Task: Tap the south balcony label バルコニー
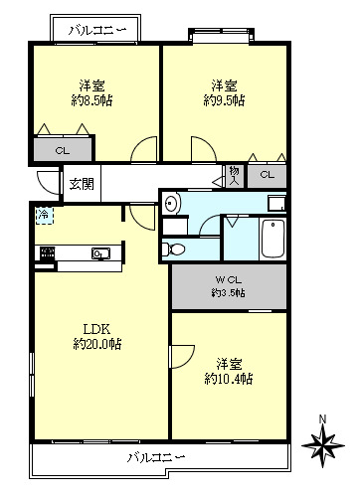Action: (x=156, y=457)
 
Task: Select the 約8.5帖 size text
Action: (x=91, y=100)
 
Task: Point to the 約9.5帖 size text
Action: (x=224, y=100)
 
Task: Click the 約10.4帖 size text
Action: (x=229, y=378)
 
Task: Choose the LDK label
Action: (x=96, y=329)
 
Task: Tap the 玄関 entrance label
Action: (x=82, y=184)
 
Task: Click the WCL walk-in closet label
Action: (x=229, y=280)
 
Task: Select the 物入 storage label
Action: (x=234, y=176)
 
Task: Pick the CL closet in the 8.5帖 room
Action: (x=63, y=151)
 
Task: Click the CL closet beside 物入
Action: (x=268, y=175)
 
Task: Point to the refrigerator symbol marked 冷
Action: (x=44, y=216)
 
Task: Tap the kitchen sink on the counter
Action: (x=101, y=253)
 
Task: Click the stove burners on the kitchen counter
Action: (x=48, y=253)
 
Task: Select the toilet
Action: (x=173, y=249)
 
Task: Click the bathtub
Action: (x=273, y=239)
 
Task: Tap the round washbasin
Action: (x=172, y=202)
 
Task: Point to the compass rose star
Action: (x=323, y=445)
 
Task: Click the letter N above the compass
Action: (x=322, y=418)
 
